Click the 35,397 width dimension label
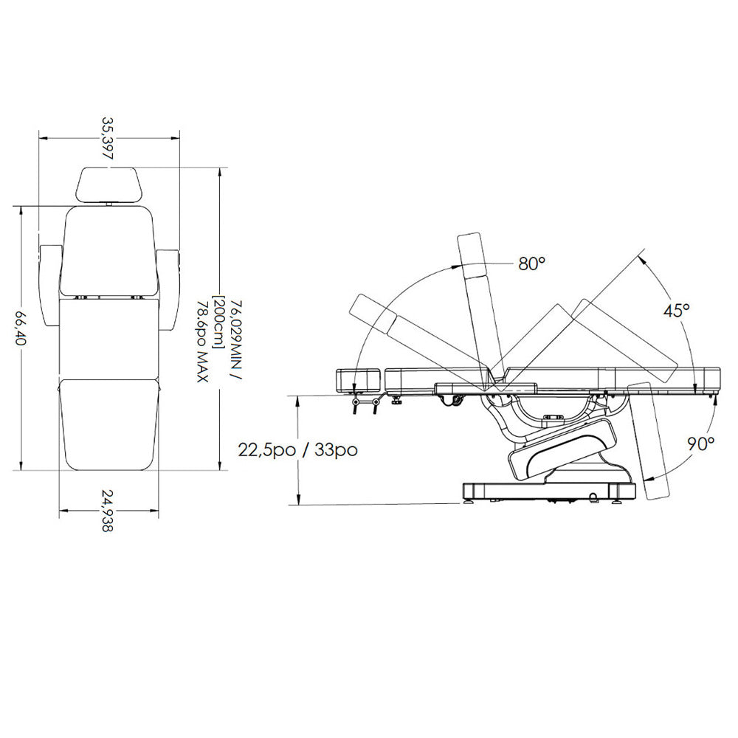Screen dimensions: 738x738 coord(108,138)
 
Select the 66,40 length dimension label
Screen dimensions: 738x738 coord(20,327)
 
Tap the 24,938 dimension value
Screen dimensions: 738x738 coord(108,511)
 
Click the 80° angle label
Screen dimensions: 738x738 coord(531,263)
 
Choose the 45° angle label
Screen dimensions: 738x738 coord(676,311)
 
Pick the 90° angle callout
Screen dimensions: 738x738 coord(701,444)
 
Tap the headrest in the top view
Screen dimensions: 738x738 coord(108,185)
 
